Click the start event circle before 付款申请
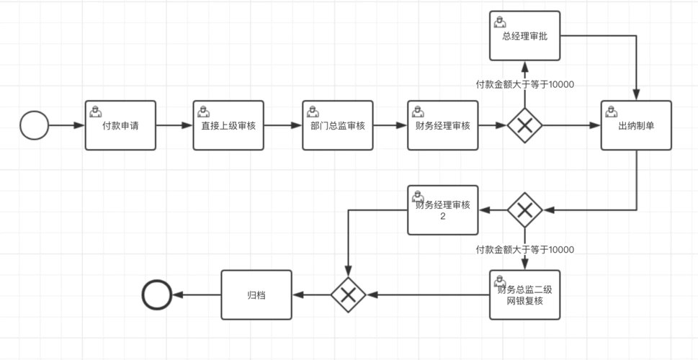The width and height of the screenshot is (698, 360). (x=34, y=125)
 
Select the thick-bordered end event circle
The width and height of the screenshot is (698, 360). (x=157, y=294)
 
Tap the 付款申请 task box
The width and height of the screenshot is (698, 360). (x=120, y=125)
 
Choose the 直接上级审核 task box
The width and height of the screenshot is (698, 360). (x=228, y=125)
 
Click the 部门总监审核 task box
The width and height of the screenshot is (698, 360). (x=337, y=125)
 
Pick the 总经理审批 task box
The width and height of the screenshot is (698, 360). (x=524, y=36)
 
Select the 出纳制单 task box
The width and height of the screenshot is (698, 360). (x=636, y=125)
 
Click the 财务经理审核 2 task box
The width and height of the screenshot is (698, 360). (x=443, y=210)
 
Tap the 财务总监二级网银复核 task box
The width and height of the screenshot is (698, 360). (x=524, y=295)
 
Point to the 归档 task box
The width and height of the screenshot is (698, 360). (x=256, y=294)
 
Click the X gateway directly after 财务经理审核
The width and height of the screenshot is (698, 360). (x=524, y=125)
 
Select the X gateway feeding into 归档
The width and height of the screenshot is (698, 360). (x=349, y=294)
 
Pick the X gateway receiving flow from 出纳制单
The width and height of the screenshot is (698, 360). (x=524, y=210)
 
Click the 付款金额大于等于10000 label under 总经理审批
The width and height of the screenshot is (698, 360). (x=524, y=84)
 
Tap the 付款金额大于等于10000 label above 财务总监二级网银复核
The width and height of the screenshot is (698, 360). (x=524, y=250)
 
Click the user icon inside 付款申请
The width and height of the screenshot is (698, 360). (x=94, y=109)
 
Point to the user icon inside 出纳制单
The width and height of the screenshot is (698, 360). (x=611, y=110)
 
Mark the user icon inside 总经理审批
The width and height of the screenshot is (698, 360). (x=499, y=21)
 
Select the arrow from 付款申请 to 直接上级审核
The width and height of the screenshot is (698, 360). (x=174, y=125)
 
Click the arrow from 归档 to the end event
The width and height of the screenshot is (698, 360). (x=197, y=294)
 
